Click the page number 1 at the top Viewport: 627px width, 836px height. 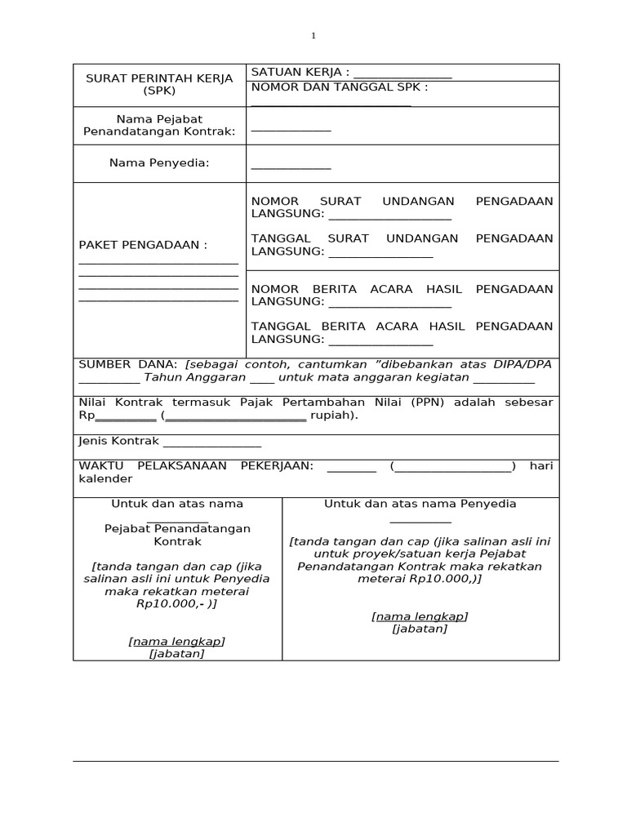coord(313,36)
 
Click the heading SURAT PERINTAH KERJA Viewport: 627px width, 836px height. coord(159,78)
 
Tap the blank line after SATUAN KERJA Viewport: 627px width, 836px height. coord(402,73)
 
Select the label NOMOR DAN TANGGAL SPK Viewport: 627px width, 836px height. coord(340,87)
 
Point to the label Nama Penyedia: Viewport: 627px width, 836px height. coord(159,163)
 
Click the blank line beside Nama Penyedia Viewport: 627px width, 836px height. coord(291,166)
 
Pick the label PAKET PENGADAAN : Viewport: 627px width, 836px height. coord(143,245)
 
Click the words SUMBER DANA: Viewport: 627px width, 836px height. coord(127,364)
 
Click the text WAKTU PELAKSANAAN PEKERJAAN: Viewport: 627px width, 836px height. coord(196,465)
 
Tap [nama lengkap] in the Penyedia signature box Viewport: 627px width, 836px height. coord(420,616)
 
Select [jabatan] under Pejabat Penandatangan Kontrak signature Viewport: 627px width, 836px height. coord(177,654)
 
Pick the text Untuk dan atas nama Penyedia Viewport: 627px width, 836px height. coord(420,504)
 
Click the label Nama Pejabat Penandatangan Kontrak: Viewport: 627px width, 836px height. coord(159,125)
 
